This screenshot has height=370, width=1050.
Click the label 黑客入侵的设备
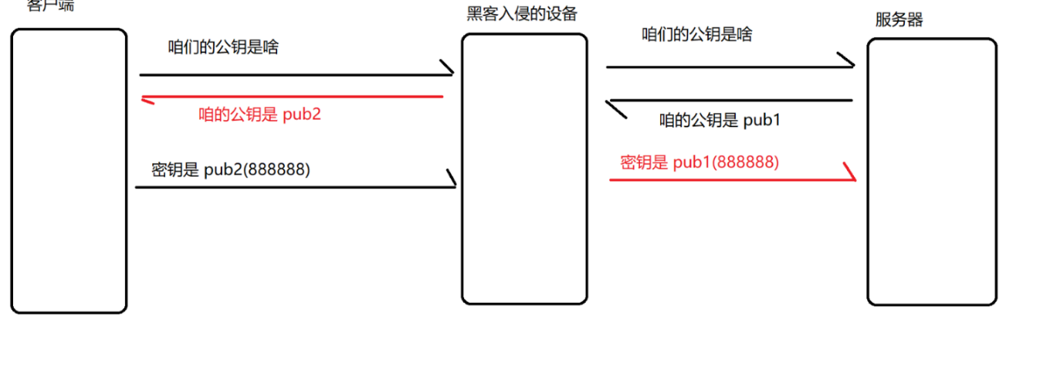[x=522, y=14]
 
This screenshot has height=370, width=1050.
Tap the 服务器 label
[x=899, y=21]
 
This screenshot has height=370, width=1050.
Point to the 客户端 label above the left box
[x=50, y=6]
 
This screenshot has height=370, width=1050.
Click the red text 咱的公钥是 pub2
[x=259, y=115]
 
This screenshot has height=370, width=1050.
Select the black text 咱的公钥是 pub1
[x=720, y=120]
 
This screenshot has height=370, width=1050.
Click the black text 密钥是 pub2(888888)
[x=230, y=170]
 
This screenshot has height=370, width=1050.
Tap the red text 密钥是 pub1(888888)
[x=699, y=163]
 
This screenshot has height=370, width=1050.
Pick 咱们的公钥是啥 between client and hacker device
[x=223, y=47]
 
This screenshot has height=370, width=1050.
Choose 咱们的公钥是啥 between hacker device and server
[x=697, y=35]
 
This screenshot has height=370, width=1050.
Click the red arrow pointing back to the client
[x=293, y=97]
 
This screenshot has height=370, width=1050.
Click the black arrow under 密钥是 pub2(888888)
[x=293, y=187]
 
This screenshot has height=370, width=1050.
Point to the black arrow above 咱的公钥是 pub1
[x=730, y=100]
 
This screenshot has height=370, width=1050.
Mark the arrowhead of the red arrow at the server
[x=852, y=173]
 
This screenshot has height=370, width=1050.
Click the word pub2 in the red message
[x=303, y=115]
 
